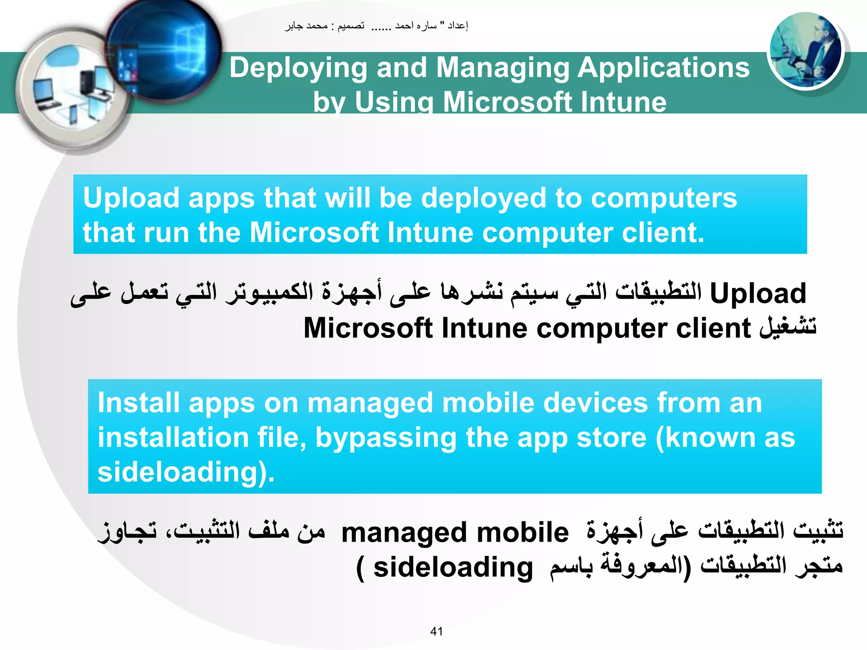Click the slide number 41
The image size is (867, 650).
click(436, 631)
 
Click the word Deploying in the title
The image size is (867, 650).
click(298, 68)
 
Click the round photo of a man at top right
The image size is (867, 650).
click(806, 50)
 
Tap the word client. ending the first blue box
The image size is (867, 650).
click(663, 233)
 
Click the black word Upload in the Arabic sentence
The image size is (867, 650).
click(758, 293)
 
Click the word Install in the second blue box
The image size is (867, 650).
click(138, 402)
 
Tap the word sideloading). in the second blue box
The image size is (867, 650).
click(186, 472)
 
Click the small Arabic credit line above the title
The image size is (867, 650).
click(376, 26)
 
